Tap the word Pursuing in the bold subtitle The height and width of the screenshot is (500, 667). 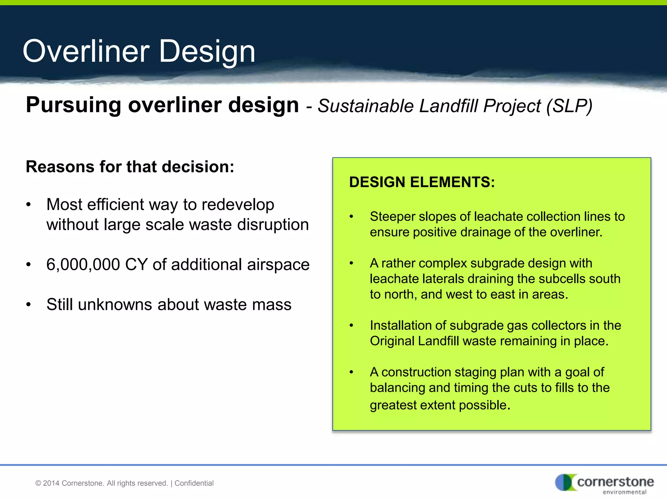pyautogui.click(x=74, y=105)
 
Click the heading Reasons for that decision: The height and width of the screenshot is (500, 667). pyautogui.click(x=130, y=167)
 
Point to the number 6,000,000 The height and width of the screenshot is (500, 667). pyautogui.click(x=83, y=264)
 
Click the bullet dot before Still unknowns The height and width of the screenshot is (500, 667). pyautogui.click(x=29, y=305)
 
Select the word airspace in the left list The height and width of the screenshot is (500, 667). pyautogui.click(x=278, y=265)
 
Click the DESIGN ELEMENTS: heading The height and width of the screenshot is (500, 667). pyautogui.click(x=422, y=182)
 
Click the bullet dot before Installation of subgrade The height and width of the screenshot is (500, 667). pyautogui.click(x=351, y=326)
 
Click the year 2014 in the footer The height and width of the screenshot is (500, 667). pyautogui.click(x=51, y=483)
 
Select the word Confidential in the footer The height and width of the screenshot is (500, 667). pyautogui.click(x=194, y=483)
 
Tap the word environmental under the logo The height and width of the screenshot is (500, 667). pyautogui.click(x=624, y=492)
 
